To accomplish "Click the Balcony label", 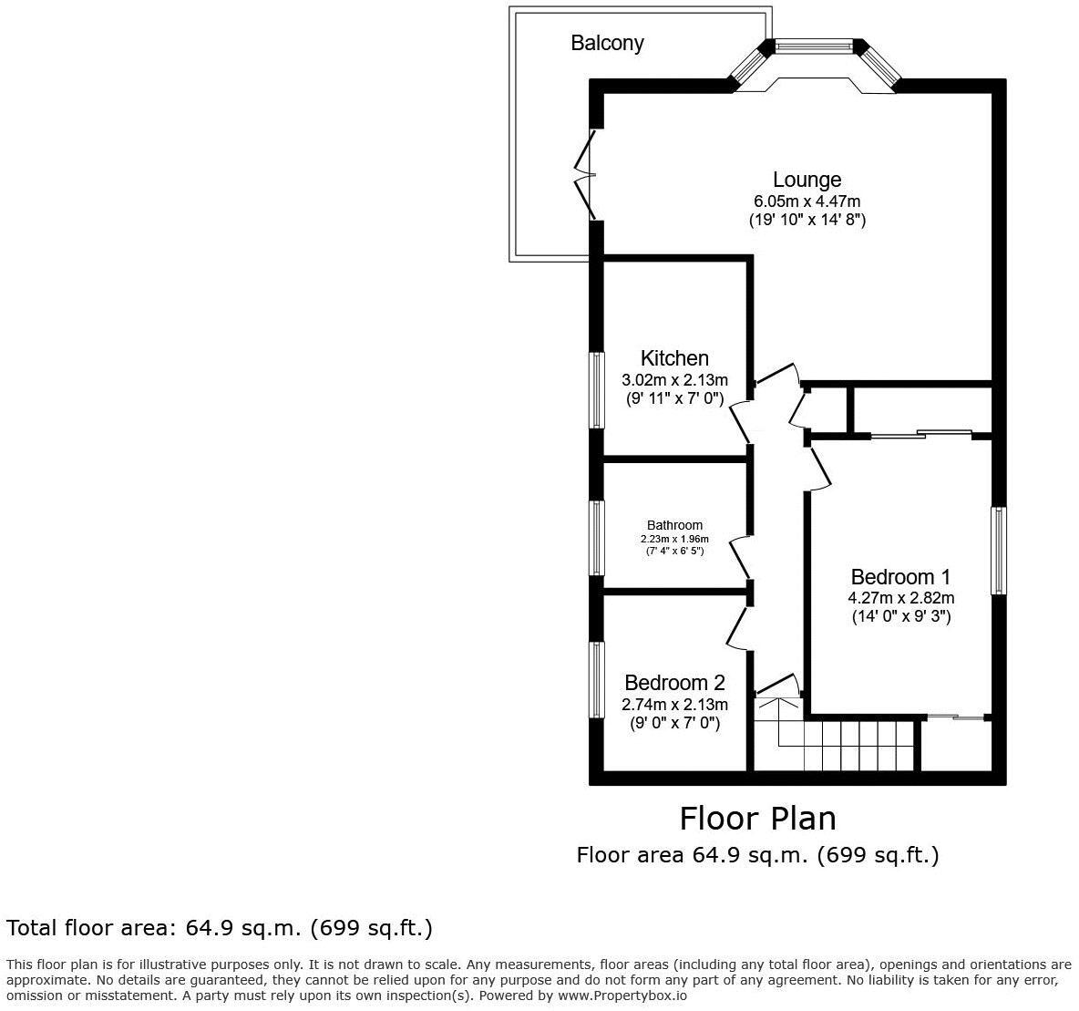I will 607,43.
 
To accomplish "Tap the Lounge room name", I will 807,180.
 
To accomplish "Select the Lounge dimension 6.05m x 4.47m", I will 807,201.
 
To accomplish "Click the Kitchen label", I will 674,358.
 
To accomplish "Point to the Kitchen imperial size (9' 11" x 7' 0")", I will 674,398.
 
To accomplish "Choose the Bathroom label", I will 674,525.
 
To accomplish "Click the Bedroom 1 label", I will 900,577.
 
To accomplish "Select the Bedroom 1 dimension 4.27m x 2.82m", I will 900,598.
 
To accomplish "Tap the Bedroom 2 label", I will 674,683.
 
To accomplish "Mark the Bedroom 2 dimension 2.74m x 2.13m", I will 674,705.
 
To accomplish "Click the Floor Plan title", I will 757,818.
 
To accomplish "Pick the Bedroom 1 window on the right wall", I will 999,551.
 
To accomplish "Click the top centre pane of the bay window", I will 814,45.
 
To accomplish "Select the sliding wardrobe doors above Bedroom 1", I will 920,435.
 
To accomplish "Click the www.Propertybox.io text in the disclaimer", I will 623,996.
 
